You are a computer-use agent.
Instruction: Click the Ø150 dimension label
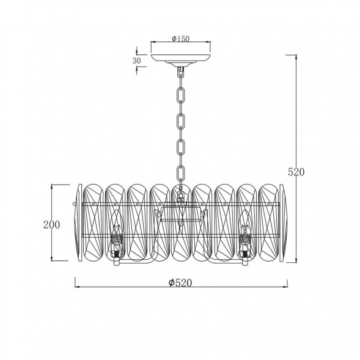[181, 39]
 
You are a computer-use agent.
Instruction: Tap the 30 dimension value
[136, 61]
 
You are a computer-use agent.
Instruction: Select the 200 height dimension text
[52, 224]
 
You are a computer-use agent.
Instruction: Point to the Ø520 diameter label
[180, 282]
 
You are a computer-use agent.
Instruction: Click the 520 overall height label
[296, 172]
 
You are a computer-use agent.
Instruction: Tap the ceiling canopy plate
[181, 59]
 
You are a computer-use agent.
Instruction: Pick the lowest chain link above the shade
[181, 172]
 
